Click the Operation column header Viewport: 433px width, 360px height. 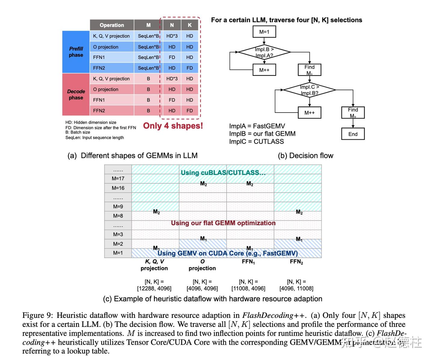coord(112,25)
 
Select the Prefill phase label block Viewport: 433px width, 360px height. coord(76,52)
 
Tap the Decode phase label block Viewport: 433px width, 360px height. coord(76,94)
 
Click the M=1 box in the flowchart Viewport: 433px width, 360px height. coord(264,32)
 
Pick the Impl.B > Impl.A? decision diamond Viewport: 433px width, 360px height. coord(264,52)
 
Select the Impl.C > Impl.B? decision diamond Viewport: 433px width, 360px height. coord(309,90)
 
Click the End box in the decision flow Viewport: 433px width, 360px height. coord(353,134)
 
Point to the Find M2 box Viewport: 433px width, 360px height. coord(353,113)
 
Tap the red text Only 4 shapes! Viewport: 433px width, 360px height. coord(173,126)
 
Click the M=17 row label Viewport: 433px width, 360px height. coord(118,178)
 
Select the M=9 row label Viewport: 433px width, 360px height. coord(118,206)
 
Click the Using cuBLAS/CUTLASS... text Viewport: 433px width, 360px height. coord(223,172)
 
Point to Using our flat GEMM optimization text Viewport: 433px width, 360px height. coord(223,223)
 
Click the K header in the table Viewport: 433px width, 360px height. coord(190,25)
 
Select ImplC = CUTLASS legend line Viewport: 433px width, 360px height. coord(256,141)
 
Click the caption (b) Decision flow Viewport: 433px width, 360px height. coord(306,156)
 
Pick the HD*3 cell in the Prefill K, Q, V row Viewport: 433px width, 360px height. coord(172,36)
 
